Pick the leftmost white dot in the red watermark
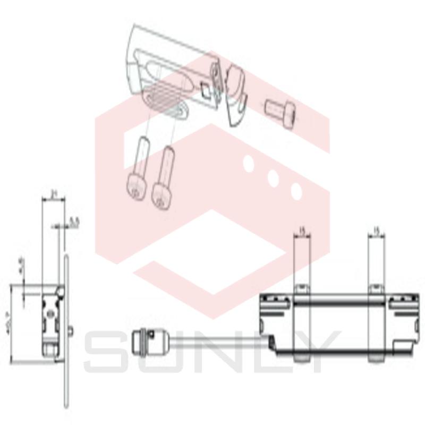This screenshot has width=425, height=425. [x=248, y=163]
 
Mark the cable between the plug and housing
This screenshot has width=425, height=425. [x=212, y=340]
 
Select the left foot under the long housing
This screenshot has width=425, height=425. [x=301, y=358]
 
